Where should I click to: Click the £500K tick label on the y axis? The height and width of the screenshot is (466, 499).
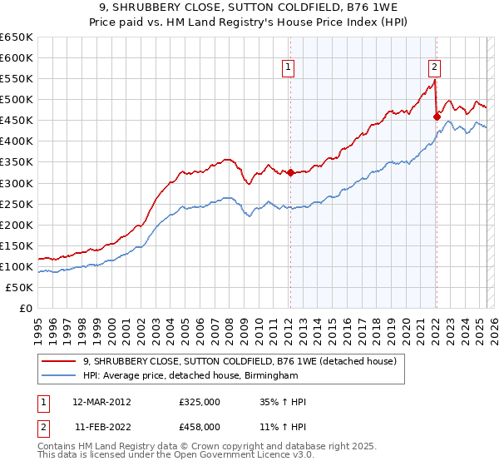tap(16, 100)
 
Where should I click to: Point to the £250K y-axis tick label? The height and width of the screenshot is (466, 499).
tap(16, 204)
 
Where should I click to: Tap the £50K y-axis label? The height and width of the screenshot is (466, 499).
tap(19, 287)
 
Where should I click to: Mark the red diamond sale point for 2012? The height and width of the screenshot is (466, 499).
tap(290, 173)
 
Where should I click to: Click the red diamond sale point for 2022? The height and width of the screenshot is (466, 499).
tap(436, 117)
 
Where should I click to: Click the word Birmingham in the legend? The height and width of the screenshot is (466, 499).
tap(270, 375)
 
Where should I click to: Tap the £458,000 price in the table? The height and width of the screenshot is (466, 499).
tap(200, 427)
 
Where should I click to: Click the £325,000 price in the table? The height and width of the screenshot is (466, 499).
tap(200, 402)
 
